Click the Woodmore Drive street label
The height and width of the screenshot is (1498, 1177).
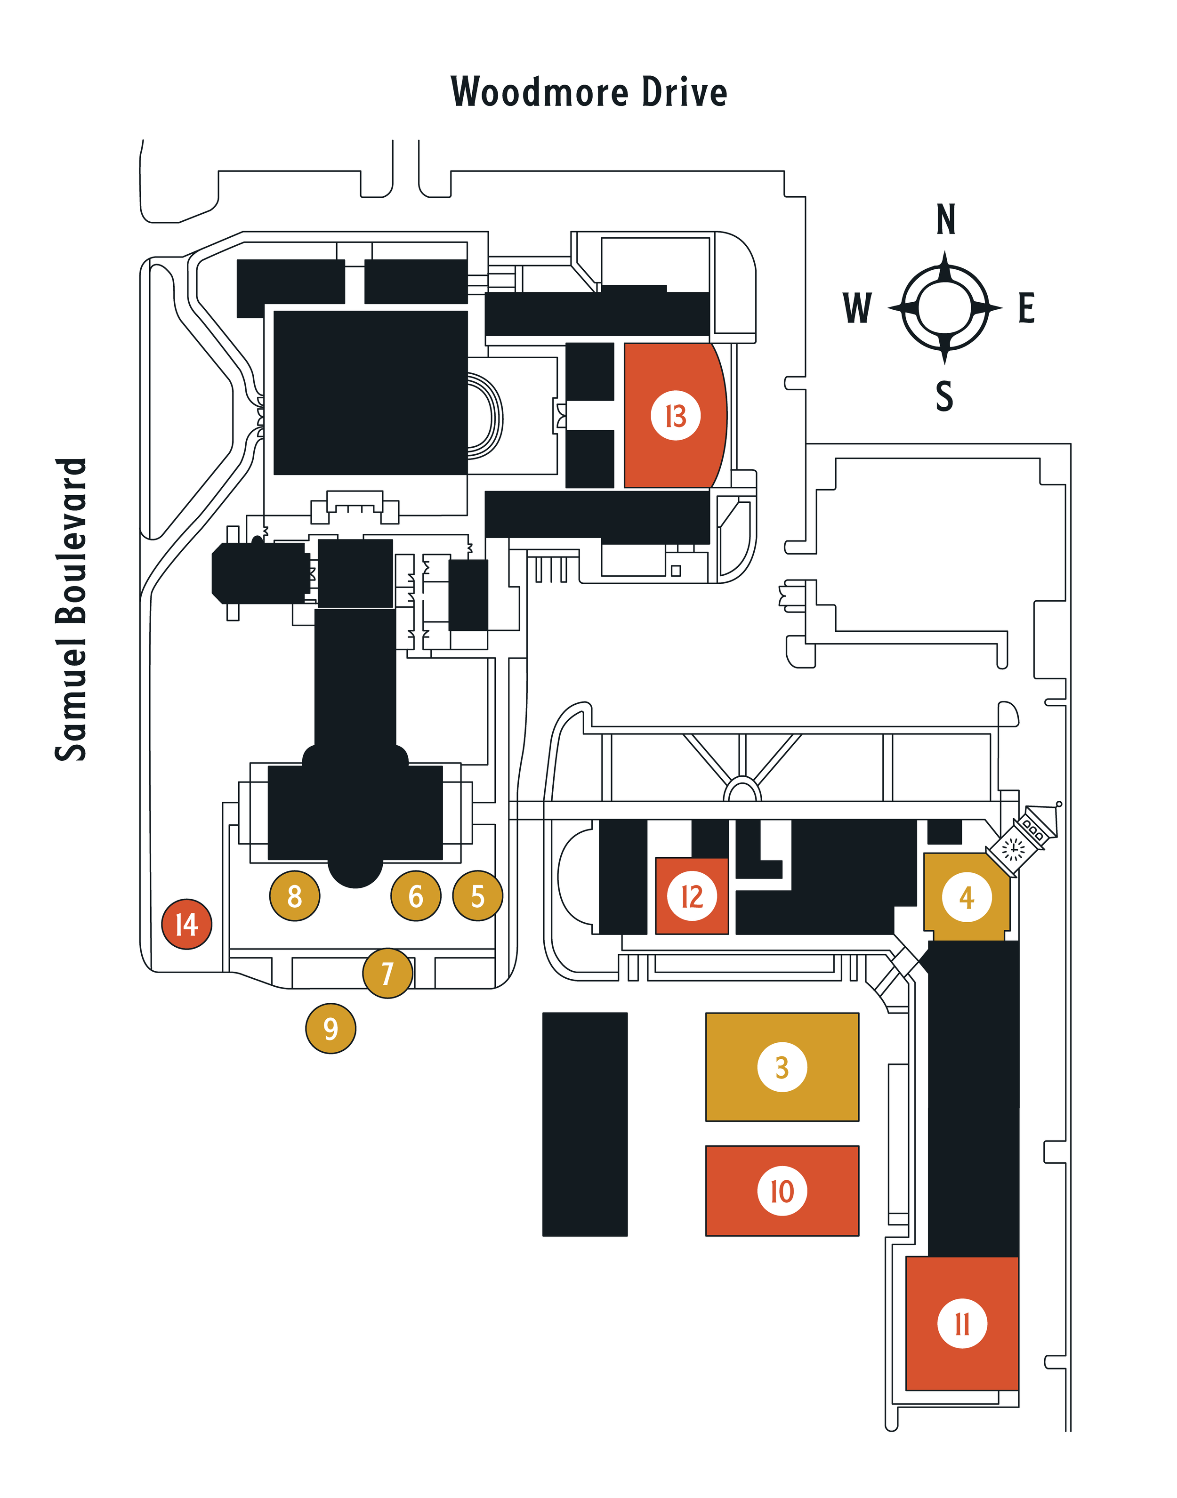(588, 92)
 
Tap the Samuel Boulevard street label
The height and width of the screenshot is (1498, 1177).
(72, 609)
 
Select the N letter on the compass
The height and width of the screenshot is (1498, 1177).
(945, 220)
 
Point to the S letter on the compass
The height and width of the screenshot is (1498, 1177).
(945, 396)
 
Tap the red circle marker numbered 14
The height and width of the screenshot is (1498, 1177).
(187, 924)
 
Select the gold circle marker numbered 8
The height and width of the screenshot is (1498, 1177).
(294, 896)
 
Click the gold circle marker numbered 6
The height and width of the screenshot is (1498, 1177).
(416, 896)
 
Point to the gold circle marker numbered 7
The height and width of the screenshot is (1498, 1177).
(388, 973)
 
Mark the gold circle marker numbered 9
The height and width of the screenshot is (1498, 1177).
(331, 1029)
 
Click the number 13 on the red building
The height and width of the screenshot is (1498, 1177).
(676, 416)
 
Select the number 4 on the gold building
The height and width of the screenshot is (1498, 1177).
(967, 897)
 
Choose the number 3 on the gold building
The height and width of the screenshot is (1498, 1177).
(782, 1067)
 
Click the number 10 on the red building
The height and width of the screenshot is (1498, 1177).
(782, 1191)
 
